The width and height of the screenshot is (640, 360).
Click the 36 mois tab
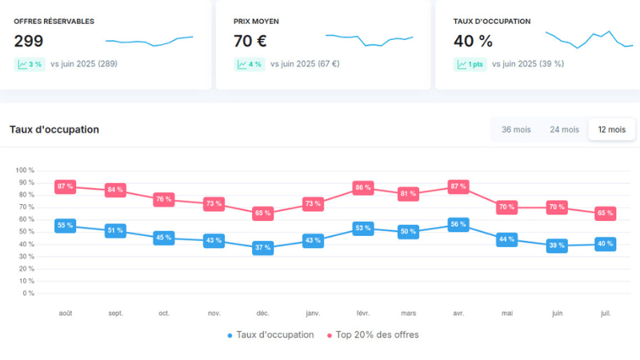(x=516, y=129)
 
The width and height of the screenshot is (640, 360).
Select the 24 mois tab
(x=564, y=129)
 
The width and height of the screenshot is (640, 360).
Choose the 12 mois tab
(x=612, y=129)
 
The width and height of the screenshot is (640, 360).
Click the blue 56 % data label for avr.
(x=458, y=225)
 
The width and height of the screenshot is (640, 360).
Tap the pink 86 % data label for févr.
(x=364, y=188)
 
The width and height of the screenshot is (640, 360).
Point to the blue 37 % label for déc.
(x=263, y=248)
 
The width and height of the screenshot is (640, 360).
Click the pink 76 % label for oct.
(x=164, y=199)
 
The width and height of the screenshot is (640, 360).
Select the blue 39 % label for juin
(x=558, y=246)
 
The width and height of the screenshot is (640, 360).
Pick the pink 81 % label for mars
(x=409, y=194)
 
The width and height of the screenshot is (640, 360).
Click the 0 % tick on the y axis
(x=28, y=293)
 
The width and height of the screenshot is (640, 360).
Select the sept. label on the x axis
(x=115, y=314)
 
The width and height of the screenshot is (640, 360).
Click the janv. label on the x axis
(x=312, y=314)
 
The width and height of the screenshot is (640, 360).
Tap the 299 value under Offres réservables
(x=29, y=42)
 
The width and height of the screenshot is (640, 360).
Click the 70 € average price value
(x=250, y=42)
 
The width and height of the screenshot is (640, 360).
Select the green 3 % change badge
(x=30, y=64)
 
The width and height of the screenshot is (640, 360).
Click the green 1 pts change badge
(x=470, y=64)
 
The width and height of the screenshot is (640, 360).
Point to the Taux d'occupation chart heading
(x=54, y=129)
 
